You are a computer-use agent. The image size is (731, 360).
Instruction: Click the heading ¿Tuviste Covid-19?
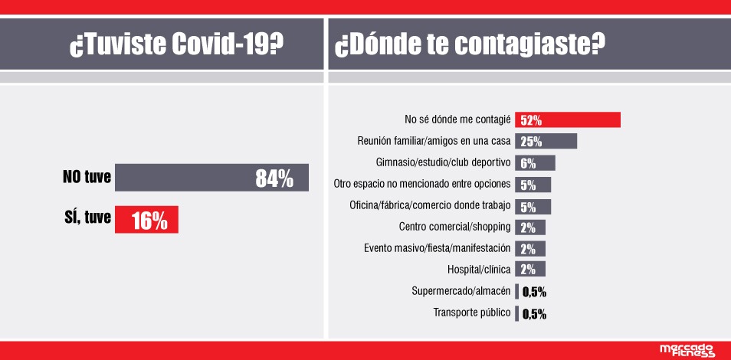click(175, 45)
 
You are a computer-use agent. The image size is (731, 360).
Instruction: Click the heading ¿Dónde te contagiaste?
click(467, 45)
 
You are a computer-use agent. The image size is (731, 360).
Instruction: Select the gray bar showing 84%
click(211, 178)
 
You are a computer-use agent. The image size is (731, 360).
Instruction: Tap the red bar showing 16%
click(146, 221)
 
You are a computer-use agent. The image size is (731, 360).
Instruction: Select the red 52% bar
click(567, 119)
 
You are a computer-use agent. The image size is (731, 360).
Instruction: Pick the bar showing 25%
click(546, 141)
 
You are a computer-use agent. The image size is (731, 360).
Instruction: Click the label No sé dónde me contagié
click(457, 119)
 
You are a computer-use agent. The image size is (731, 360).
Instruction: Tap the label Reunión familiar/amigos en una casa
click(434, 141)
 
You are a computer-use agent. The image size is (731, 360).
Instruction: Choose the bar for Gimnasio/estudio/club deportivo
click(535, 162)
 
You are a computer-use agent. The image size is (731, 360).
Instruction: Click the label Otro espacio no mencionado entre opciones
click(423, 184)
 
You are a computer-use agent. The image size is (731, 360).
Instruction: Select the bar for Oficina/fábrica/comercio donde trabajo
click(533, 205)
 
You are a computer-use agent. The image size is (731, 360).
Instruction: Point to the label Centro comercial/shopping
click(455, 227)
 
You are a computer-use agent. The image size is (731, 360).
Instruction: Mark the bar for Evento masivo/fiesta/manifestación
click(530, 248)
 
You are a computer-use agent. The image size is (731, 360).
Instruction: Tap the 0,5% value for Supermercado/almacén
click(534, 291)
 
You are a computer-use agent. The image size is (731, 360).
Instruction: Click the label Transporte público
click(472, 313)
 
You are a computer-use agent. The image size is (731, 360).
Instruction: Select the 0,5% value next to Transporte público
click(534, 313)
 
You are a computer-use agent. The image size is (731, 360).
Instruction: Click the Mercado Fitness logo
click(687, 350)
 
